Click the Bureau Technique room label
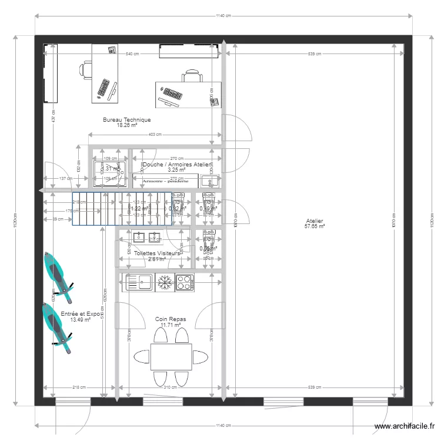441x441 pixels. pyautogui.click(x=126, y=120)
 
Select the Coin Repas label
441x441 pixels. pyautogui.click(x=171, y=319)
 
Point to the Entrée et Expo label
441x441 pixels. pyautogui.click(x=76, y=315)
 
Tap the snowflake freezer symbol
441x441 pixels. pyautogui.click(x=163, y=282)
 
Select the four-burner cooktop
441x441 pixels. pyautogui.click(x=184, y=282)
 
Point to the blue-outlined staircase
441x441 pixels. pyautogui.click(x=122, y=209)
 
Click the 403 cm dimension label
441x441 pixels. pyautogui.click(x=155, y=135)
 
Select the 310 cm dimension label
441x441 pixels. pyautogui.click(x=170, y=387)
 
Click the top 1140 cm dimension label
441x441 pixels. pyautogui.click(x=222, y=16)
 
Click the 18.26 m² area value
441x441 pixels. pyautogui.click(x=126, y=125)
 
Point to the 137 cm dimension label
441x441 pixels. pyautogui.click(x=65, y=179)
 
